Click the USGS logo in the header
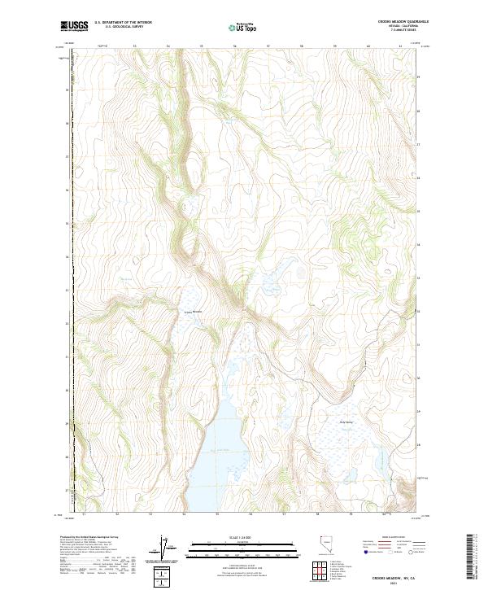click(74, 26)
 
